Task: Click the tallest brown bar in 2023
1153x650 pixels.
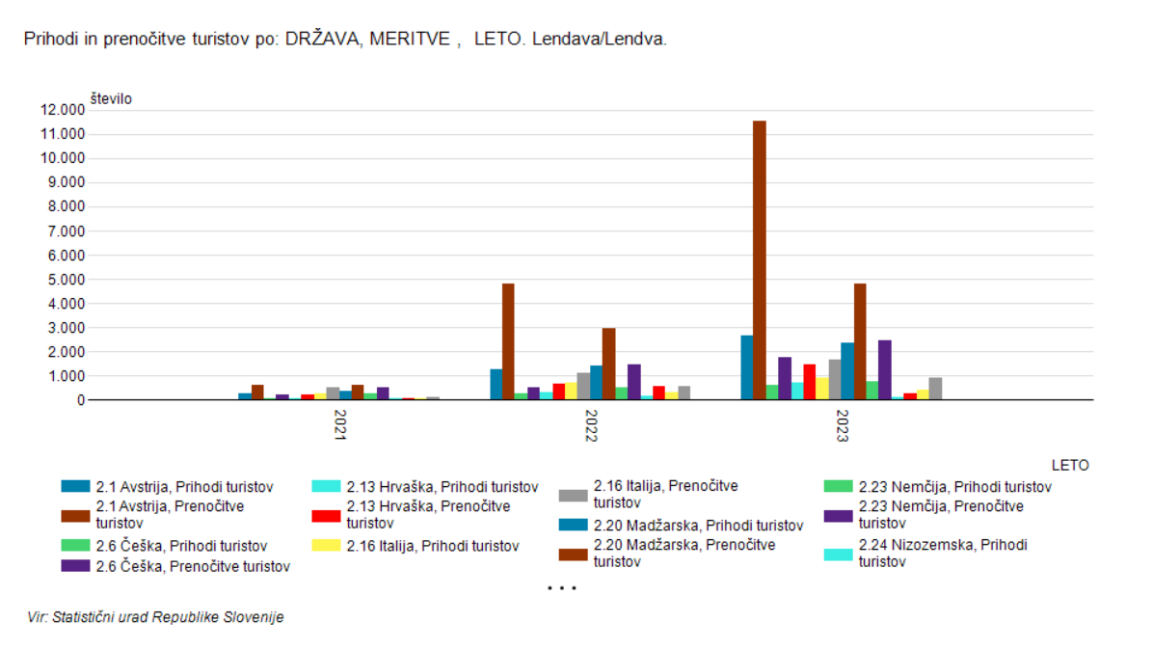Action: tap(760, 260)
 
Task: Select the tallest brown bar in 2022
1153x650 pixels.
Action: tap(508, 341)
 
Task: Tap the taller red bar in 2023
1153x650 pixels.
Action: tap(810, 382)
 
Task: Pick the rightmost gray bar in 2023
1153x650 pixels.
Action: tap(935, 389)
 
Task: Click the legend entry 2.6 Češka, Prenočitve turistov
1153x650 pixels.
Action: tap(182, 567)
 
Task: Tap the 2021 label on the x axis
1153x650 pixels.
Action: tap(340, 426)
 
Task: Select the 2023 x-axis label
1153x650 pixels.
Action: tap(842, 426)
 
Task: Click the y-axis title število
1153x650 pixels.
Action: tap(112, 98)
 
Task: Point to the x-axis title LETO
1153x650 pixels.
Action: tap(1070, 465)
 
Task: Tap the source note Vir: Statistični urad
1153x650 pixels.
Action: tap(155, 617)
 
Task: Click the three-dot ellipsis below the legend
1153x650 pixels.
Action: tap(561, 587)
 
